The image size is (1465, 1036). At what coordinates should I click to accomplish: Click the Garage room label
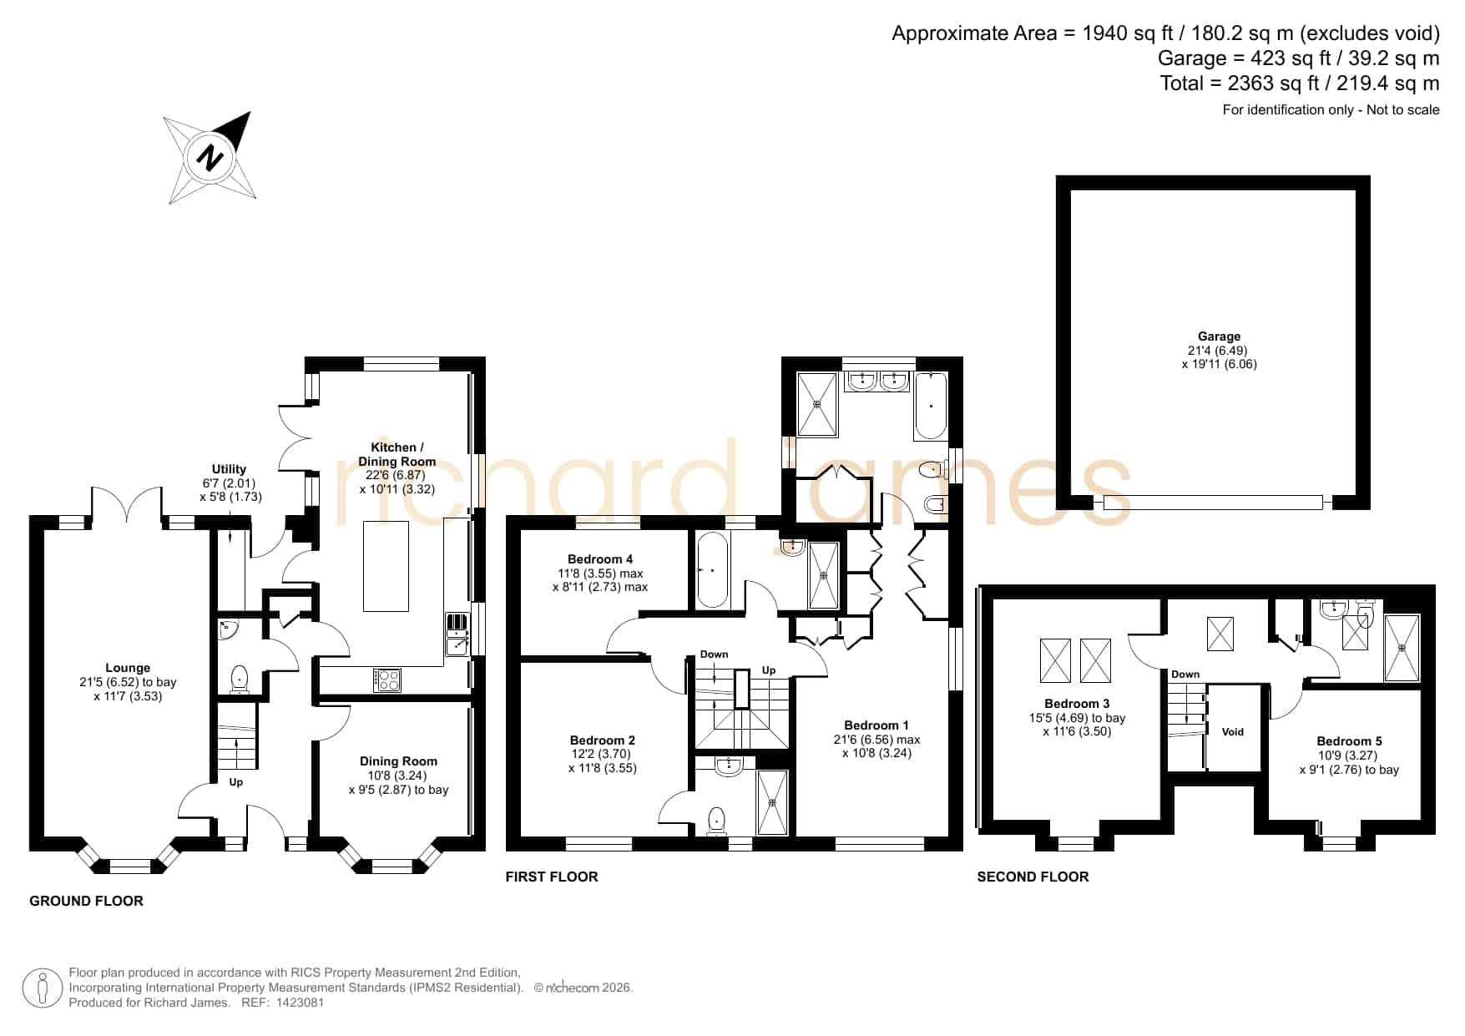[x=1219, y=336]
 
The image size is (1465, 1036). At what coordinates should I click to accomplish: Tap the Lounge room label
[x=128, y=668]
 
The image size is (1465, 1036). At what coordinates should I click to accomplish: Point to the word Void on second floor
[x=1233, y=732]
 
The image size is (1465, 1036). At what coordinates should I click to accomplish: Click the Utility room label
[x=229, y=469]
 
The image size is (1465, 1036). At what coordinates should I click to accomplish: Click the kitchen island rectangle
[x=386, y=566]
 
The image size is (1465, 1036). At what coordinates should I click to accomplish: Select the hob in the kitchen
[x=387, y=680]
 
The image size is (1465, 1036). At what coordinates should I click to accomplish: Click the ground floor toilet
[x=240, y=679]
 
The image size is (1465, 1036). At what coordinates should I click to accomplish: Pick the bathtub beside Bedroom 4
[x=712, y=570]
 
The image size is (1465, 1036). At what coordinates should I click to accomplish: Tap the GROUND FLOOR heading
[x=86, y=901]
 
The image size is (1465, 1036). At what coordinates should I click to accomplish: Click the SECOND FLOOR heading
[x=1033, y=877]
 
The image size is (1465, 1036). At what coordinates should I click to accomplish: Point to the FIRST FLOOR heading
[x=552, y=877]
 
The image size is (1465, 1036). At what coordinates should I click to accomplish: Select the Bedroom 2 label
[x=603, y=740]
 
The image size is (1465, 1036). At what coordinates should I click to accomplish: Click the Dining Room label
[x=398, y=761]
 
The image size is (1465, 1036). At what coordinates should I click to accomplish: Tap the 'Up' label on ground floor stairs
[x=236, y=782]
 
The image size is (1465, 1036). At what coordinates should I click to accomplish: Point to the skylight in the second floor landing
[x=1220, y=634]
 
